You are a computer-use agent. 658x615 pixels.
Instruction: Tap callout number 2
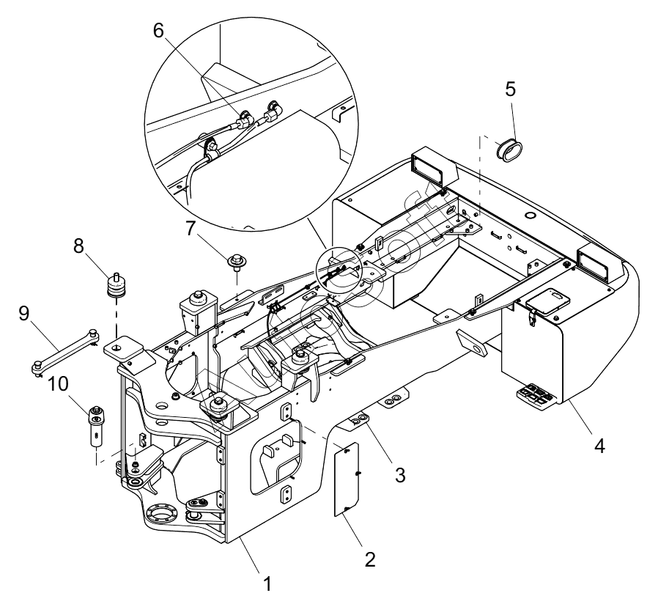[x=370, y=559]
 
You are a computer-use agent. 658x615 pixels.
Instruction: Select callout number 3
[x=400, y=475]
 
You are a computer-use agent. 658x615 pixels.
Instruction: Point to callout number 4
[x=599, y=446]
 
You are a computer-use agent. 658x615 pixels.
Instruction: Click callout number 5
[x=510, y=89]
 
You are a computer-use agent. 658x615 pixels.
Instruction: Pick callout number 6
[x=158, y=30]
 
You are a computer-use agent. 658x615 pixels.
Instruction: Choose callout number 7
[x=191, y=229]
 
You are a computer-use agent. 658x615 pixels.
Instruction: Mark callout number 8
[x=78, y=246]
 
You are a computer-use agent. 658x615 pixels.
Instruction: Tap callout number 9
[x=24, y=313]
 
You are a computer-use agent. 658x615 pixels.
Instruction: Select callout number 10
[x=59, y=383]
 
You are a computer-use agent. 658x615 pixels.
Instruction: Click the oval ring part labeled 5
[x=509, y=149]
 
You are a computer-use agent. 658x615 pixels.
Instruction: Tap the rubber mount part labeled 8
[x=117, y=287]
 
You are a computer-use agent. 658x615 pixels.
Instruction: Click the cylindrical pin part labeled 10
[x=97, y=426]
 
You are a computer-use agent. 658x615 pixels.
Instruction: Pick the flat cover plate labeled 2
[x=347, y=478]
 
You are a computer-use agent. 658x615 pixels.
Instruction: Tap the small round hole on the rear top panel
[x=531, y=216]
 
